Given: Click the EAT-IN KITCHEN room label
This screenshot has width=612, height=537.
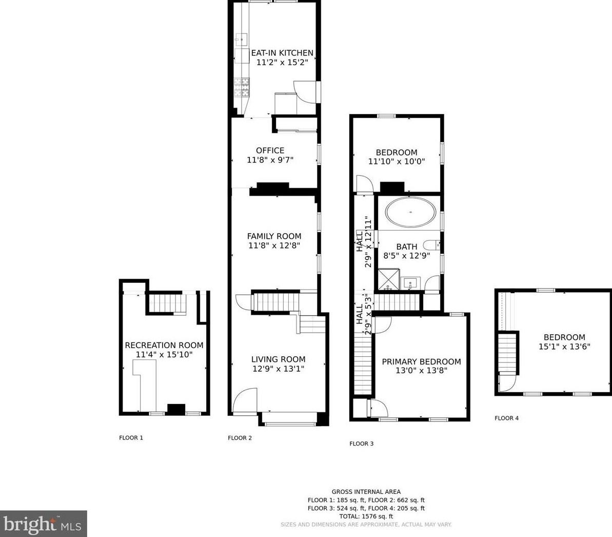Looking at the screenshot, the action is click(282, 53).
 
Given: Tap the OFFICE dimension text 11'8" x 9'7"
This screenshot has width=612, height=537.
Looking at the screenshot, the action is click(270, 160).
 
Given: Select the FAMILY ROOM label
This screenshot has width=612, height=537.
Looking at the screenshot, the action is click(274, 236).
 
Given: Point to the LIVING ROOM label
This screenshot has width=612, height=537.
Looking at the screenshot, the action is click(278, 359).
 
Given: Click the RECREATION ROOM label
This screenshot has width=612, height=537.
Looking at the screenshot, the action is click(164, 345).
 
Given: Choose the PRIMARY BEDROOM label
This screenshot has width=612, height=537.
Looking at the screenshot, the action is click(421, 361).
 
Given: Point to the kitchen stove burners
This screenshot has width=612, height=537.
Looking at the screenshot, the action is click(242, 87).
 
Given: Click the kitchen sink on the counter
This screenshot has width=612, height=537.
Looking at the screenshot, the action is click(241, 40).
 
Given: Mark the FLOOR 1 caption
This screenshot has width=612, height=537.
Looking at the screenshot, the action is click(131, 438).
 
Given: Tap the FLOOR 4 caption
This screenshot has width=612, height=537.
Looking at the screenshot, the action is click(507, 418).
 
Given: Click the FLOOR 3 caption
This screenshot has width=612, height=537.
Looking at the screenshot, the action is click(362, 444).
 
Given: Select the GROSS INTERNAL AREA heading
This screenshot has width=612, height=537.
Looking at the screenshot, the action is click(366, 492).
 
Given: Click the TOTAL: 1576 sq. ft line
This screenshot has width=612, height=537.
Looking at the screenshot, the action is click(366, 516).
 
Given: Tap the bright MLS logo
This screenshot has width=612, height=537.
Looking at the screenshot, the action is click(43, 524).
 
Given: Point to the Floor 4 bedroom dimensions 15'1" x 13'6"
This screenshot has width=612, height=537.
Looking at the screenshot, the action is click(564, 347).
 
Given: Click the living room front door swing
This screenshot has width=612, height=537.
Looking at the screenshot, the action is click(245, 400).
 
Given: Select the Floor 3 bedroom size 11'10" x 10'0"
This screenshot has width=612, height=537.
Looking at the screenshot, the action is click(397, 161).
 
